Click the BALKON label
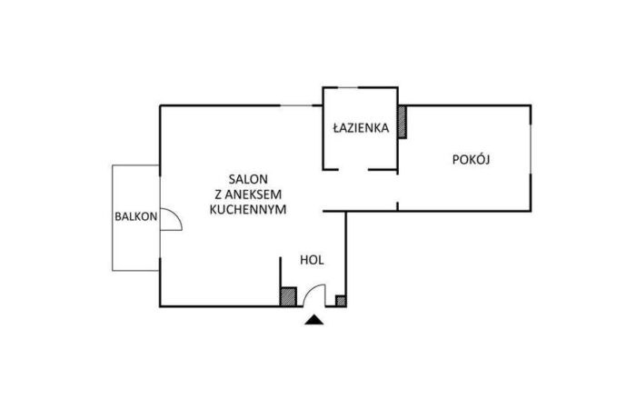click(x=135, y=216)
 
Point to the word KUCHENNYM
click(x=247, y=208)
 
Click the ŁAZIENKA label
click(x=361, y=129)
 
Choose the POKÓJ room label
click(x=471, y=159)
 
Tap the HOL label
click(x=312, y=260)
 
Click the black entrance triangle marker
click(x=313, y=319)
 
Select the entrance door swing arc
click(x=316, y=292)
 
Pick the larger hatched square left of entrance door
click(x=287, y=296)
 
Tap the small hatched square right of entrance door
click(x=341, y=299)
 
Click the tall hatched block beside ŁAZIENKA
click(x=402, y=122)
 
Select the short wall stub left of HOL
click(x=280, y=277)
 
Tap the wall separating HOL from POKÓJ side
click(x=347, y=259)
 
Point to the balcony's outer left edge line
click(x=113, y=217)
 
